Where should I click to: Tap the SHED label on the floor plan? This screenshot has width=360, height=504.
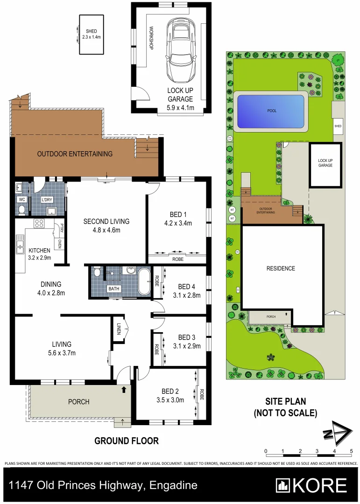point(91,31)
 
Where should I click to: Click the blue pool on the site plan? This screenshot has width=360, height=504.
point(271,112)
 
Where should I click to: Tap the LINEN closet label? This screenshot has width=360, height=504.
point(119,330)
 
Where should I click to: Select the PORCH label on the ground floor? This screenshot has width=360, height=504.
point(78,401)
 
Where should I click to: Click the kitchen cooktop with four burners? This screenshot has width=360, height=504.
point(39,224)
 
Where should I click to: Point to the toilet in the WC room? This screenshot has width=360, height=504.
point(21,210)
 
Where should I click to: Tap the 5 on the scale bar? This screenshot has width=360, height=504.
point(351,451)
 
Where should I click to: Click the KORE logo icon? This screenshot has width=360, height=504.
point(283,486)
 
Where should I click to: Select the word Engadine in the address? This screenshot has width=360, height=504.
point(173,486)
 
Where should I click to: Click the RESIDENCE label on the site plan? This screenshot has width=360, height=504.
point(281,268)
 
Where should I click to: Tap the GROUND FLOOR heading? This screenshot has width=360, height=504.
point(127,441)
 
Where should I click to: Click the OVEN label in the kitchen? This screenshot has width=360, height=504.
point(59,244)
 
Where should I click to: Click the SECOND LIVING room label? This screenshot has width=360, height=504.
point(106,221)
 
